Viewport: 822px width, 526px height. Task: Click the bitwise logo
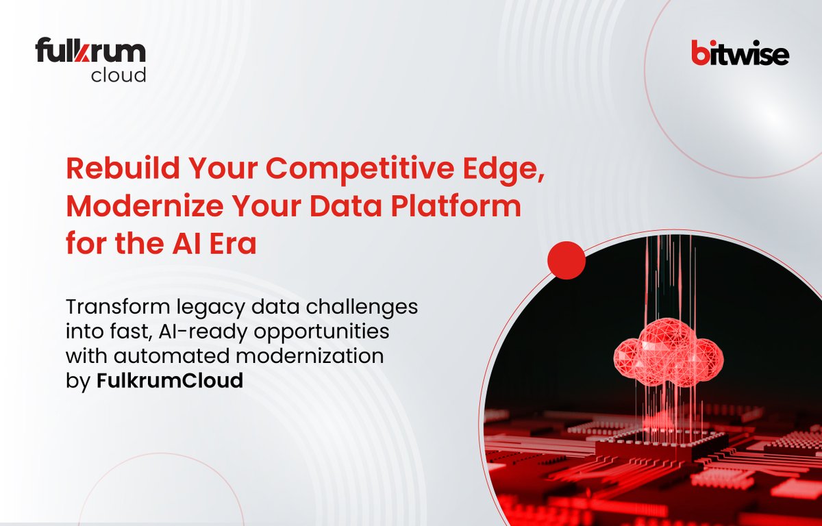tap(739, 53)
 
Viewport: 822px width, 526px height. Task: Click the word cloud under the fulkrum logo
tap(118, 75)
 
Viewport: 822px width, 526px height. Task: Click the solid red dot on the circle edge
tap(567, 260)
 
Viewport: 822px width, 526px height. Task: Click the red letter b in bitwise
tap(699, 53)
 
